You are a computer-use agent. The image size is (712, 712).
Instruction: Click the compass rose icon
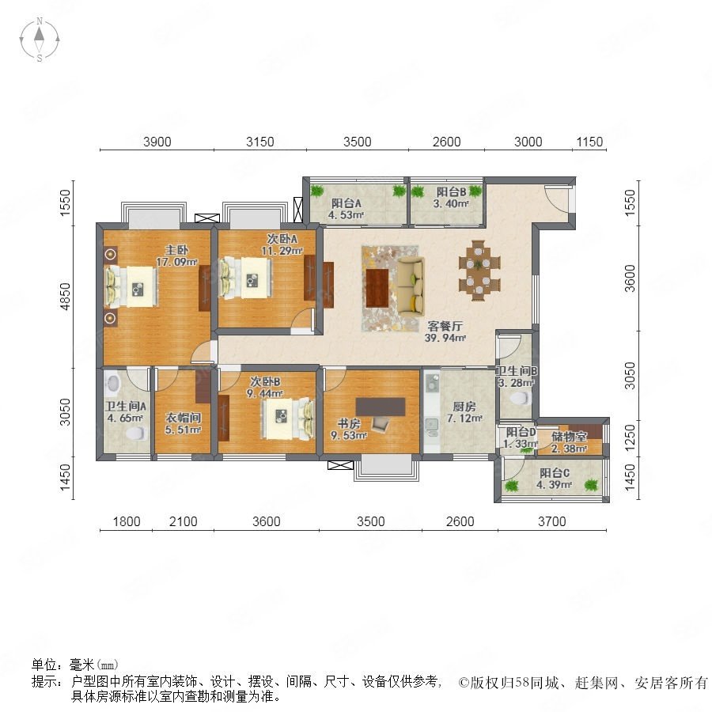point(40,40)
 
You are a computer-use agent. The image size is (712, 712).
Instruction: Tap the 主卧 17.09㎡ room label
point(176,256)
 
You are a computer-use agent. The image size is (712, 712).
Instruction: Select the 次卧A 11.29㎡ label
point(282,244)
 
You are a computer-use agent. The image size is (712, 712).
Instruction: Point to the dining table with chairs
point(479,271)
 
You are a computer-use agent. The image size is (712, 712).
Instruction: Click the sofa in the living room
point(411,285)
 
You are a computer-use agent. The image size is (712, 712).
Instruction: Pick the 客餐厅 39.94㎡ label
point(445,331)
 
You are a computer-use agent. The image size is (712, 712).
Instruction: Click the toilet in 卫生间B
point(520,398)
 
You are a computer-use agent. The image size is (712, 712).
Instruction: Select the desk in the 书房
point(381,407)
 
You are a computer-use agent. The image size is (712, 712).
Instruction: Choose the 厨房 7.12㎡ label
point(464,412)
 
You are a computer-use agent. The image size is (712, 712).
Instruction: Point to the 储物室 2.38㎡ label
point(569,442)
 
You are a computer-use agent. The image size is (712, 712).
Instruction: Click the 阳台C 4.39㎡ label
point(554,479)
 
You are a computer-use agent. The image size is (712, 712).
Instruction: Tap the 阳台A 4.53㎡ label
point(346,209)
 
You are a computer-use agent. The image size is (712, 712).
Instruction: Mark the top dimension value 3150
point(260,142)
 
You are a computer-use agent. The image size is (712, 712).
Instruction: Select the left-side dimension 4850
point(66,297)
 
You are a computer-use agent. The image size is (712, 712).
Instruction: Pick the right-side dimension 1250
point(631,437)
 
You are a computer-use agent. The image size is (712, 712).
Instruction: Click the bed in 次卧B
point(288,418)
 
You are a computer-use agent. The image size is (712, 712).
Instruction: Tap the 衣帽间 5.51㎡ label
point(183,423)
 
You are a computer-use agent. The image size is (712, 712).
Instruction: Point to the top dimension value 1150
point(589,142)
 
